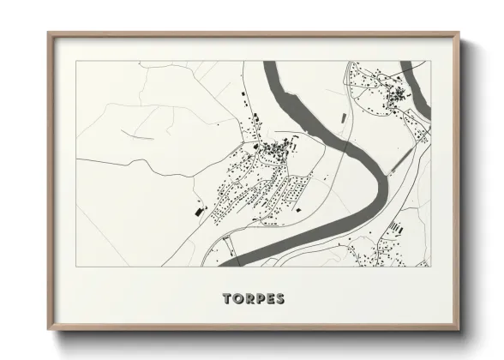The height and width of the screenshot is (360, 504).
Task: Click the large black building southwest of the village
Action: pyautogui.click(x=201, y=209)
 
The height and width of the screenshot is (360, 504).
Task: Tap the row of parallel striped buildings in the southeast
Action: pyautogui.click(x=395, y=227)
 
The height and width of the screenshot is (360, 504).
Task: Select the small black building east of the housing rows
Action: pyautogui.click(x=300, y=207)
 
